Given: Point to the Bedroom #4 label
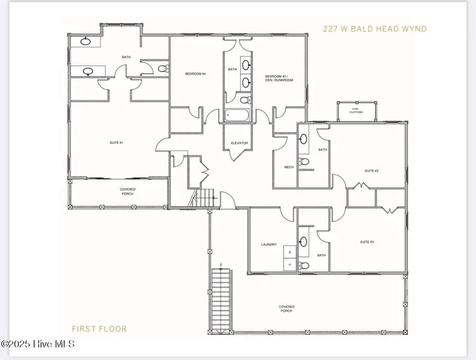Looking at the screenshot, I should click(x=195, y=74).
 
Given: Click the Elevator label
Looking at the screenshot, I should click(x=239, y=143).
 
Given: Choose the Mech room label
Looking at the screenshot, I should click(x=289, y=167).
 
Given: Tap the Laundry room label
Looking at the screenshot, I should click(x=269, y=245).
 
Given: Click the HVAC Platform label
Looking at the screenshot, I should click(x=356, y=111).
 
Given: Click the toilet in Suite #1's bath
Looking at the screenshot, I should click(x=163, y=68).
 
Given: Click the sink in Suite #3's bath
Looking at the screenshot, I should click(x=304, y=242).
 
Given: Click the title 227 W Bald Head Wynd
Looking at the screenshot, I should click(x=374, y=29).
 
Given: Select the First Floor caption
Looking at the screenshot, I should click(x=100, y=329).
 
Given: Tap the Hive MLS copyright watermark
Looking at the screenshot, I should click(x=38, y=344).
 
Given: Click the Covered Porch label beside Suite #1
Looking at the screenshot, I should click(x=127, y=191).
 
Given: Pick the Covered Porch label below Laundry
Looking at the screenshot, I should click(x=287, y=309).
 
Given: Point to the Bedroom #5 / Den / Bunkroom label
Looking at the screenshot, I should click(x=279, y=78).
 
